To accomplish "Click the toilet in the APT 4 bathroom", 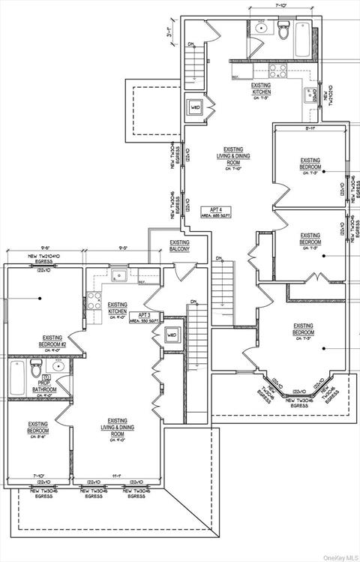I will tap(283, 31).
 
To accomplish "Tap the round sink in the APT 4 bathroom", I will tap(262, 28).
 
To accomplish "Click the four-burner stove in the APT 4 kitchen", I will tap(278, 71).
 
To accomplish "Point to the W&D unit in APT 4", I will tap(196, 107).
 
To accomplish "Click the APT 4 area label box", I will tap(220, 211).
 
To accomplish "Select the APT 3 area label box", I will tap(142, 317).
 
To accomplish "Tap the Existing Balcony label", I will tap(179, 246).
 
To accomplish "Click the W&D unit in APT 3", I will tap(172, 335).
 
